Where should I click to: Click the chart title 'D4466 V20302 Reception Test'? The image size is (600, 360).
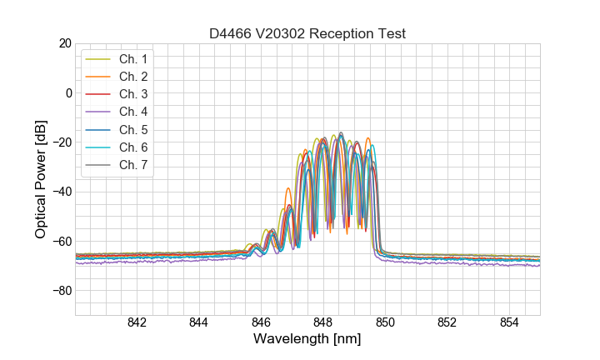[307, 33]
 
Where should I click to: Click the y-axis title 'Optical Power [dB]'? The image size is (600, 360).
[41, 178]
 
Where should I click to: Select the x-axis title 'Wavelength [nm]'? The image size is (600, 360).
[307, 340]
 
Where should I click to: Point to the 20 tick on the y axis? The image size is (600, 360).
[65, 42]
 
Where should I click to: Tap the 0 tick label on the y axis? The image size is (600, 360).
[68, 92]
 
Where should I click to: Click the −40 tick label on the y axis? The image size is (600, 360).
[62, 192]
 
